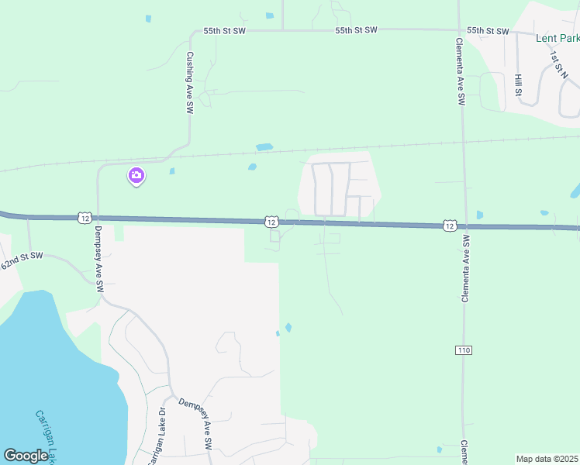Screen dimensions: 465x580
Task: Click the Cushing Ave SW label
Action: (189, 84)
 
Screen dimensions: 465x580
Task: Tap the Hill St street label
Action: (518, 86)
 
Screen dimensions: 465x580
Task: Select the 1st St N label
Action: (555, 64)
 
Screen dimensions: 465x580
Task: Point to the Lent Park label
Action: (558, 37)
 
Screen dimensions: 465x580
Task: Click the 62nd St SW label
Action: (21, 260)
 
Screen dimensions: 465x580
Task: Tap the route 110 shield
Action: (464, 350)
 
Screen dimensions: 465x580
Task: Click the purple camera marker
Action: (136, 177)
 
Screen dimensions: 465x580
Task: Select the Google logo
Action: (26, 456)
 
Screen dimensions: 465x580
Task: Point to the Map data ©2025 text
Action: (547, 459)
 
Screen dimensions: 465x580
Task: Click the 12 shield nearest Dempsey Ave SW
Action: (85, 217)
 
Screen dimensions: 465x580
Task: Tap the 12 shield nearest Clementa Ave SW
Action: (450, 225)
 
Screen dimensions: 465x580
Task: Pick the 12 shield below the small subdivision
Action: (270, 222)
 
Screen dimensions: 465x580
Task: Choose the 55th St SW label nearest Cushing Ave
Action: (224, 31)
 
